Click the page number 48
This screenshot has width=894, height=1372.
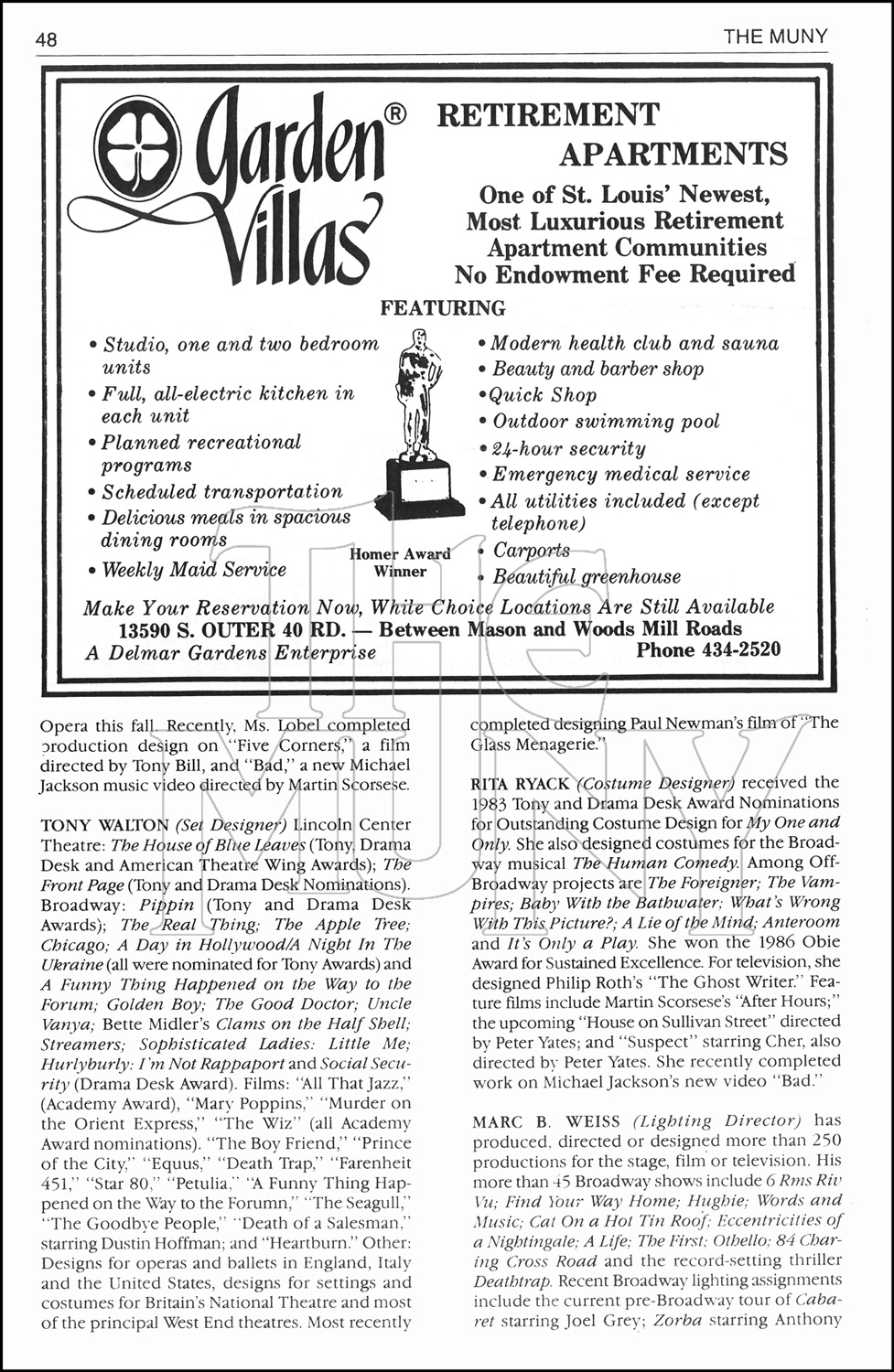coord(47,40)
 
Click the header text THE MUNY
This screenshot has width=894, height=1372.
coord(775,37)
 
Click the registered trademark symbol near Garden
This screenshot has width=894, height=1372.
coord(393,115)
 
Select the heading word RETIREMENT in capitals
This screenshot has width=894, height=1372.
coord(547,115)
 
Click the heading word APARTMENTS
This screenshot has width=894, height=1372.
coord(673,155)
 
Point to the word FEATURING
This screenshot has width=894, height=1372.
coord(442,308)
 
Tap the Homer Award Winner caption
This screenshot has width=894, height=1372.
coord(400,563)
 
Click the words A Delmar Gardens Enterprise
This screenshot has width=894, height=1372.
coord(230,653)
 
